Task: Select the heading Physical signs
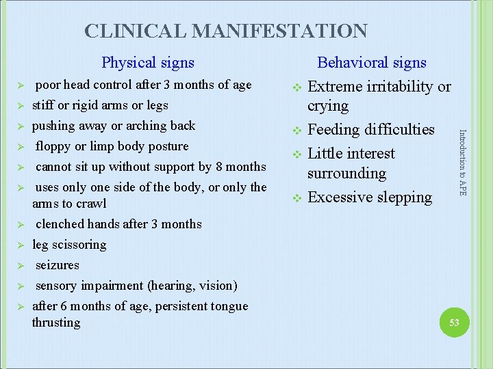[x=147, y=63]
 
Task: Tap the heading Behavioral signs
[x=371, y=63]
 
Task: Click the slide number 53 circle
[x=454, y=322]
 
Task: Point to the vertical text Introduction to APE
[x=462, y=163]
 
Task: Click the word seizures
[x=58, y=265]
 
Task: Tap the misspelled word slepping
[x=404, y=197]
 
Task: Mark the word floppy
[x=53, y=146]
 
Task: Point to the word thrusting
[x=56, y=323]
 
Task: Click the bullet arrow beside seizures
[x=21, y=266]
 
